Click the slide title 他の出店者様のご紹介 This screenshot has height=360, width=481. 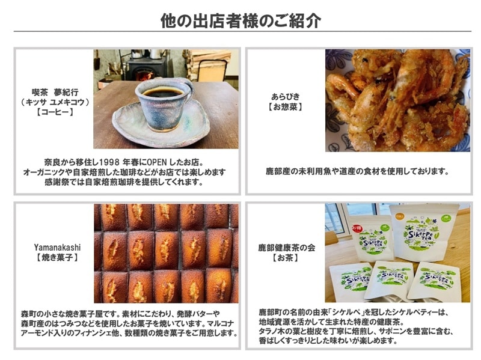point(240,20)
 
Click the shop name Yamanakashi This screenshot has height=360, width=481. point(57,247)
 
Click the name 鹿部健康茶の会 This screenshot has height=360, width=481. point(286,247)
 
